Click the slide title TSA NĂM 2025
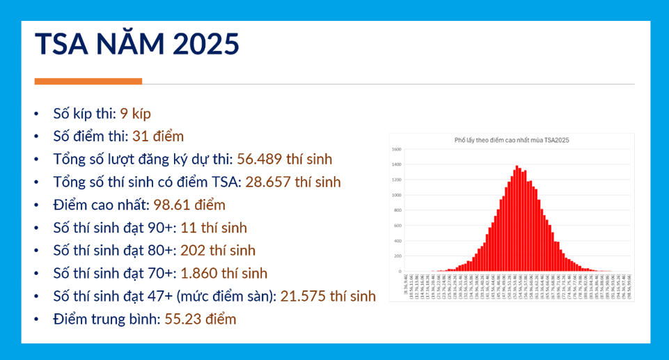point(137,44)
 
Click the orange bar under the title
point(88,81)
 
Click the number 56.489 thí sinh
point(285,159)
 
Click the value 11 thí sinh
point(214,228)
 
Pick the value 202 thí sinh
point(218,250)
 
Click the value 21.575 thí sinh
point(328,296)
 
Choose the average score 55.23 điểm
point(200,319)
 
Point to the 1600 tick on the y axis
point(396,150)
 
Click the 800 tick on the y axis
point(397,210)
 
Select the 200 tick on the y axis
point(397,256)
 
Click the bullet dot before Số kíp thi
point(36,114)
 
